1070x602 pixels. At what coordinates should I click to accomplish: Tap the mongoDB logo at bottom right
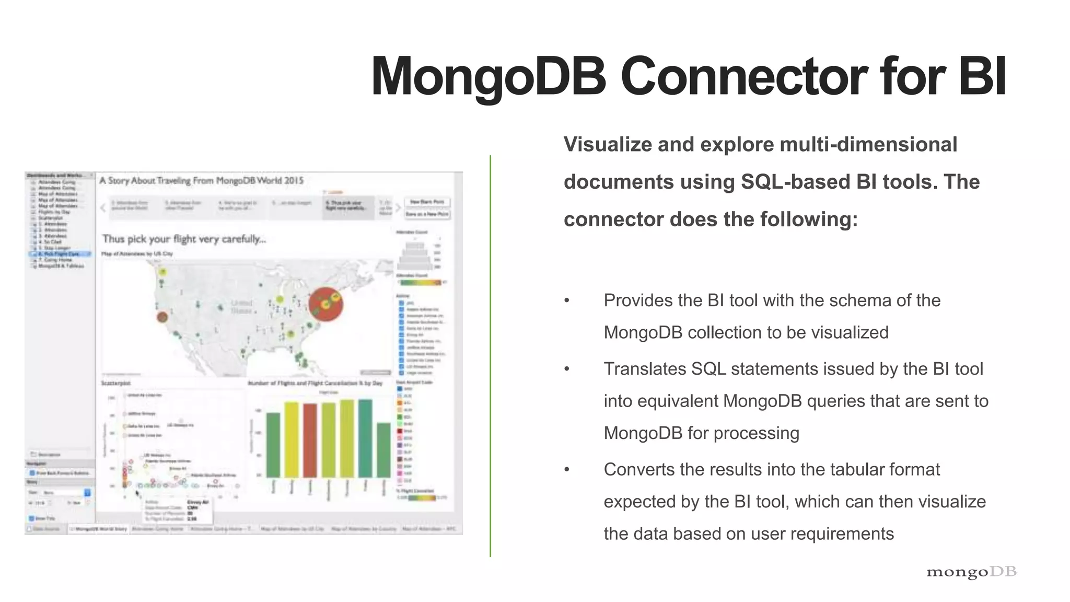[971, 572]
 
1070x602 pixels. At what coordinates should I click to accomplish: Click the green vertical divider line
[490, 355]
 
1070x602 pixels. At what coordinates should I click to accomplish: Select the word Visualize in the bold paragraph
[607, 145]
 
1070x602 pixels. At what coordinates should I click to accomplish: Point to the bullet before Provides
[567, 301]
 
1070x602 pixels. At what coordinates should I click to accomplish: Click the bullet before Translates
[567, 369]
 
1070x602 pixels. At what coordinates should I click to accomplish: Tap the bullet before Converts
[567, 470]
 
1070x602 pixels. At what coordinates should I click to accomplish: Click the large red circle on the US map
[325, 304]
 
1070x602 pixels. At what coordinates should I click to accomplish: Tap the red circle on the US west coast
[162, 317]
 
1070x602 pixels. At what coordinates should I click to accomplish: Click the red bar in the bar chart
[310, 440]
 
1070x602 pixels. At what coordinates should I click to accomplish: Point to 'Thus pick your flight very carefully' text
[184, 239]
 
